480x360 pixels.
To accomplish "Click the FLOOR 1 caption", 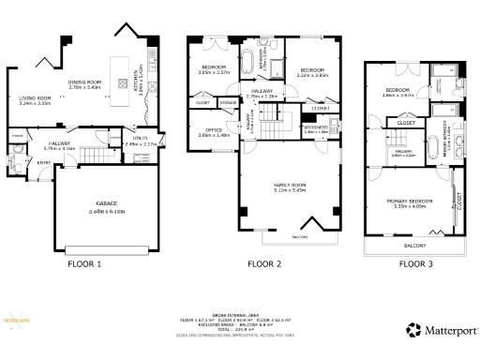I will coord(85,263).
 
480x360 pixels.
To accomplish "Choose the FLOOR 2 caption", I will coord(264,263).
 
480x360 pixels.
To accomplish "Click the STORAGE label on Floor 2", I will coord(228,102).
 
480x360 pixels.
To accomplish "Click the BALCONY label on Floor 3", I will coord(414,246).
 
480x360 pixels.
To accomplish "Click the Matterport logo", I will coord(441,330).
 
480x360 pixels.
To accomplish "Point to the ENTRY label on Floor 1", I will coord(41,160).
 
